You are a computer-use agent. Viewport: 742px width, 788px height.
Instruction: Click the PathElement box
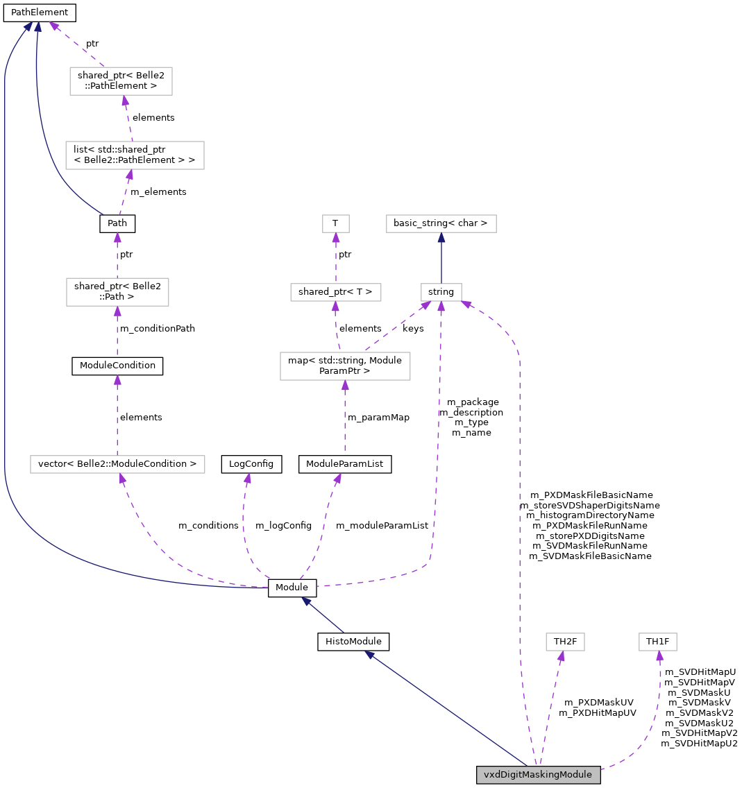[40, 12]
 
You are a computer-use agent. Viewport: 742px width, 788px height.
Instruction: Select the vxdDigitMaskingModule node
[538, 774]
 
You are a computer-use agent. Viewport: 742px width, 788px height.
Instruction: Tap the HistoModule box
[353, 641]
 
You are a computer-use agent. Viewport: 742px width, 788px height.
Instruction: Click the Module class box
[292, 588]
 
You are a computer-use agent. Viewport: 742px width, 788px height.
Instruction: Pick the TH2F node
[566, 641]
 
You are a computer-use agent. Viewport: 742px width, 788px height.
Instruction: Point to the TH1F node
[657, 641]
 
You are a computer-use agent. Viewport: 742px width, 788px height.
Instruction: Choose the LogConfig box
[251, 464]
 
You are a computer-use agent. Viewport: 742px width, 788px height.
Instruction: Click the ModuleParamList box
[345, 464]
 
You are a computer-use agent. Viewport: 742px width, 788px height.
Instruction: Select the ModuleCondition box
[117, 366]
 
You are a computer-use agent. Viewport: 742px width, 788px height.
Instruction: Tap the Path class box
[117, 223]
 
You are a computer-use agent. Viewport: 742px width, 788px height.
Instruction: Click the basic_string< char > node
[441, 223]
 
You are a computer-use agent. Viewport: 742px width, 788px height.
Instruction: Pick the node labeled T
[335, 223]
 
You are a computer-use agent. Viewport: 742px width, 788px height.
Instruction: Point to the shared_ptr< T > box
[335, 292]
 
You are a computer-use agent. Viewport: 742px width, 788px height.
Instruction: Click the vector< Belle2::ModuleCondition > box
[117, 464]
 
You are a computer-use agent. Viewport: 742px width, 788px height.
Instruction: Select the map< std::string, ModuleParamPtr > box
[345, 366]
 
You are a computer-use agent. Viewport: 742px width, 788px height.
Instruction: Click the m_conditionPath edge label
[158, 329]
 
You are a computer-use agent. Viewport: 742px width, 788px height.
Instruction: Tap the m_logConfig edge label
[283, 526]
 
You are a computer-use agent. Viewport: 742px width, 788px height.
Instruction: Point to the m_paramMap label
[378, 418]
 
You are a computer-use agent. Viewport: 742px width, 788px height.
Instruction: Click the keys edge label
[413, 329]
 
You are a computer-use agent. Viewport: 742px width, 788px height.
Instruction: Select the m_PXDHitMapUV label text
[598, 713]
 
